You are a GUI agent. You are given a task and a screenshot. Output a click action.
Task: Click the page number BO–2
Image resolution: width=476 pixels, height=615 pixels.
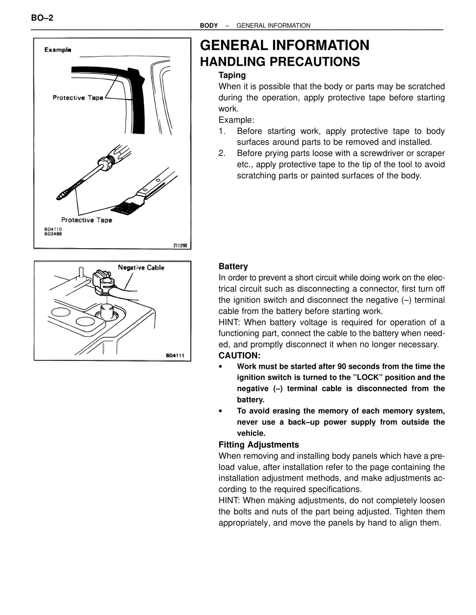pyautogui.click(x=42, y=18)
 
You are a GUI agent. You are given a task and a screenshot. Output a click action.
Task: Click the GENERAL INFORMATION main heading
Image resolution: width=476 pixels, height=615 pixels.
pyautogui.click(x=284, y=45)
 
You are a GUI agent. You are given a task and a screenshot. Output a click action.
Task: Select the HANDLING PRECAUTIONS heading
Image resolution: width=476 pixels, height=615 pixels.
pyautogui.click(x=280, y=62)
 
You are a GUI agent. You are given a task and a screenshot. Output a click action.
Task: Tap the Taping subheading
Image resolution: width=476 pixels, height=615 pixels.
pyautogui.click(x=232, y=75)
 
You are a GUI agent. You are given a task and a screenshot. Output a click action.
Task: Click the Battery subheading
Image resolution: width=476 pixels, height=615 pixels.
pyautogui.click(x=233, y=266)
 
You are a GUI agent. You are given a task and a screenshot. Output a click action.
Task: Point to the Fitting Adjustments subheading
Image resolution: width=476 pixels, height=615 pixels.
pyautogui.click(x=258, y=445)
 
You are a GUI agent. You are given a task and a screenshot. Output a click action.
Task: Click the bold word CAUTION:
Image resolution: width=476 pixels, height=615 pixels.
pyautogui.click(x=239, y=355)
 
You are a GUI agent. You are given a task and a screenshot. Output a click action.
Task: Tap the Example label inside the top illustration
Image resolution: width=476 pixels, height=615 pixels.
pyautogui.click(x=58, y=50)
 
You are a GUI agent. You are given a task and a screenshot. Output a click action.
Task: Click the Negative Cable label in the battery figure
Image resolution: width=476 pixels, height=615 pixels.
pyautogui.click(x=141, y=267)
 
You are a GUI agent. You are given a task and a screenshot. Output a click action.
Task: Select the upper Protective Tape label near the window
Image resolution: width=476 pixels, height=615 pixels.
pyautogui.click(x=78, y=98)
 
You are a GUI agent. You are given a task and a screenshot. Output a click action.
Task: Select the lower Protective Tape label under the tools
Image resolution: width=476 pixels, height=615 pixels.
pyautogui.click(x=87, y=220)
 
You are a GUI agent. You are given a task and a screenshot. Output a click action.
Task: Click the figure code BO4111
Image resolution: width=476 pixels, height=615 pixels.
pyautogui.click(x=175, y=355)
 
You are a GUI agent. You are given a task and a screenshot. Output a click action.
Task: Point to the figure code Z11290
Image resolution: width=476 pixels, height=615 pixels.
pyautogui.click(x=180, y=245)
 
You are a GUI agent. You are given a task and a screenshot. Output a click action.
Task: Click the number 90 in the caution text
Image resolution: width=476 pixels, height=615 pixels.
pyautogui.click(x=342, y=367)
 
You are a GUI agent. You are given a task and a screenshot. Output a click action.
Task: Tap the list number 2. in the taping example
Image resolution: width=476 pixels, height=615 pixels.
pyautogui.click(x=222, y=153)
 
